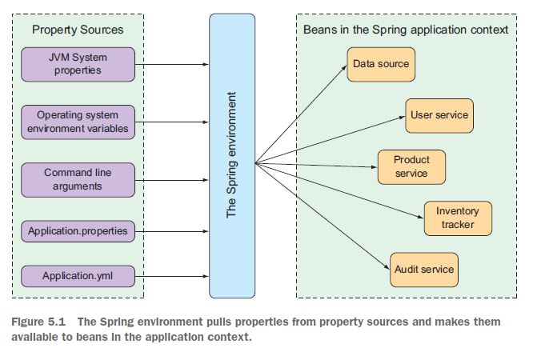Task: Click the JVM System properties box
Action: (78, 63)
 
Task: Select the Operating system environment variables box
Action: (78, 122)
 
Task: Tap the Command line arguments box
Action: (78, 179)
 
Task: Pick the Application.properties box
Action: (78, 231)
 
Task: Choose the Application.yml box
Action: (78, 277)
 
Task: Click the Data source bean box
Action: (380, 64)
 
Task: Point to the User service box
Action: (439, 115)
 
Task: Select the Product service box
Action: (411, 166)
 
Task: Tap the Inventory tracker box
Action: (457, 218)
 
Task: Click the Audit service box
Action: (424, 269)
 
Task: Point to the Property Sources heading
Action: (78, 30)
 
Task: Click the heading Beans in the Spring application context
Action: (406, 30)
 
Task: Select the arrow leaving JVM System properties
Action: (171, 63)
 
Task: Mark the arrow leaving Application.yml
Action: (171, 277)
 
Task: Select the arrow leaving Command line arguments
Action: (171, 179)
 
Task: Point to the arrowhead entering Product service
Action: (373, 166)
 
